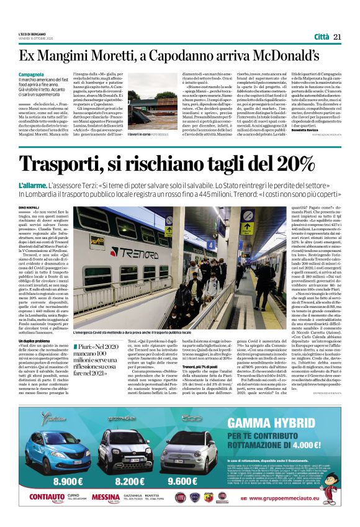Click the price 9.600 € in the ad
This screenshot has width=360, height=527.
186,480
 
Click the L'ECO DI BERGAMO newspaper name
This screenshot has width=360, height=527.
31,35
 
